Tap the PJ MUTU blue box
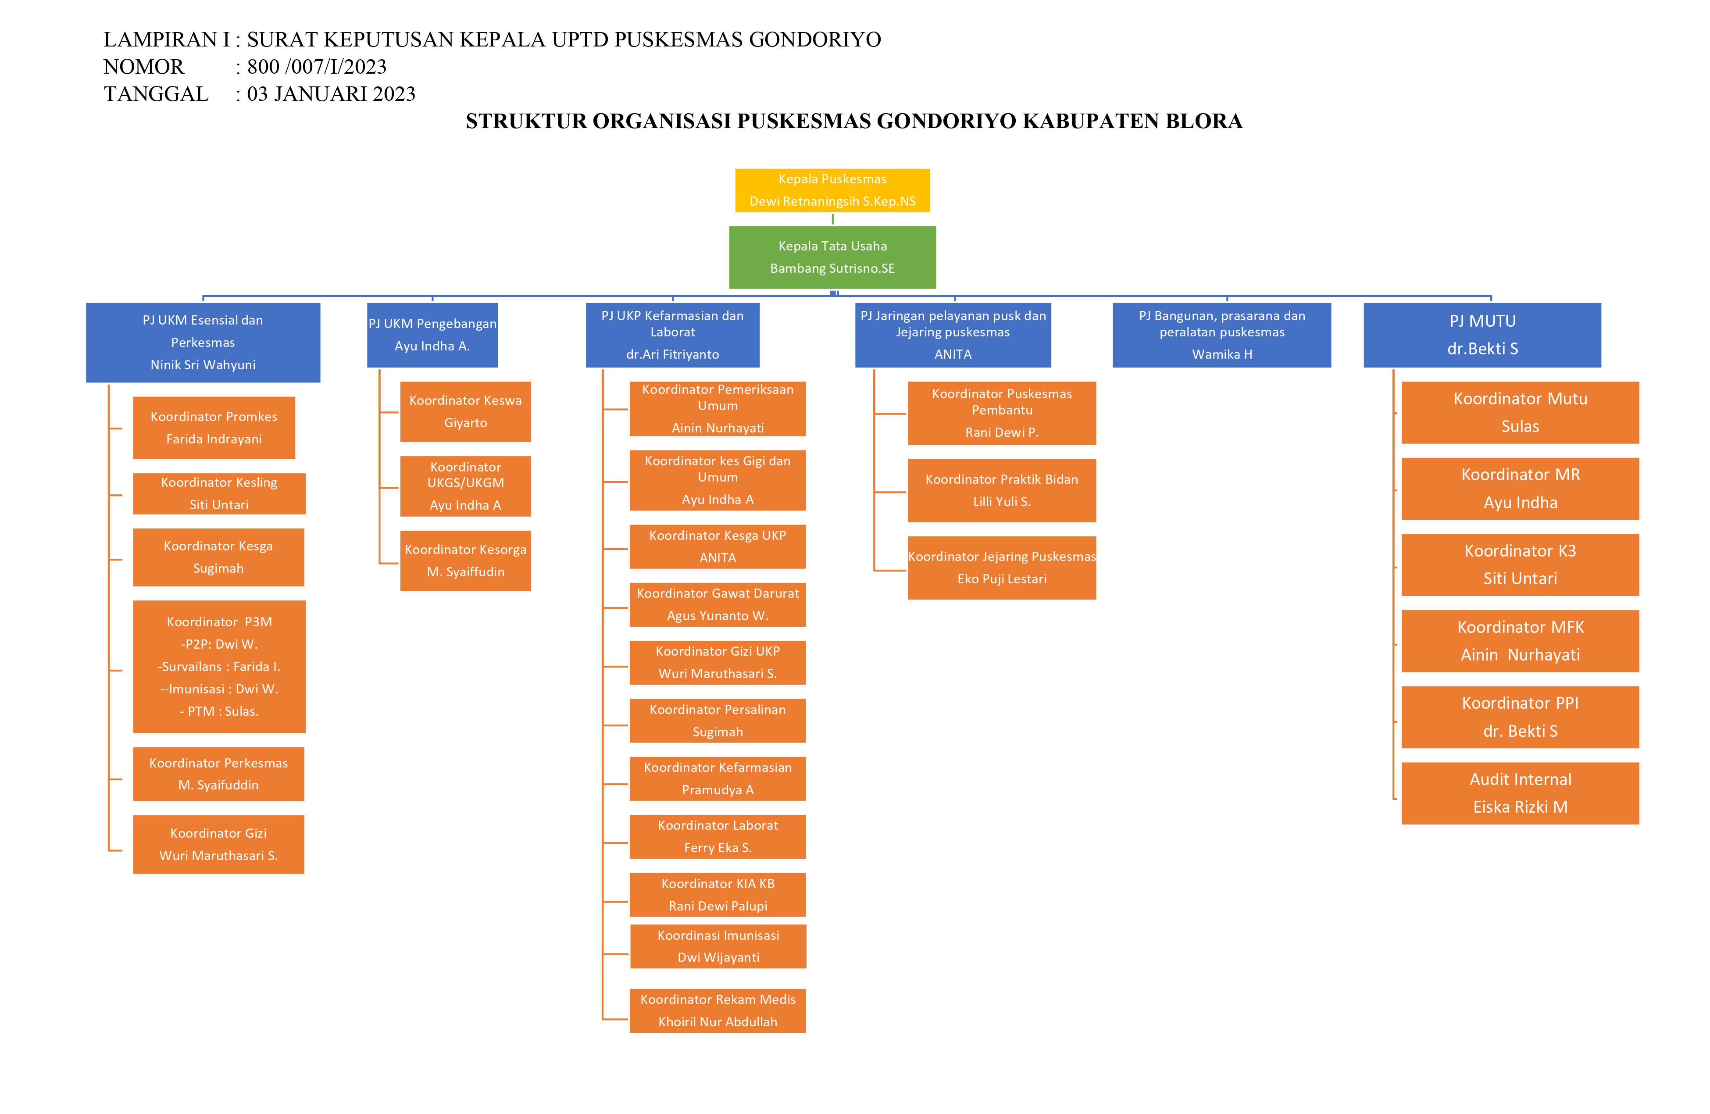pyautogui.click(x=1482, y=335)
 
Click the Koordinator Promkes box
pyautogui.click(x=214, y=428)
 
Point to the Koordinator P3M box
pyautogui.click(x=219, y=666)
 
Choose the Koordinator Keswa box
pyautogui.click(x=466, y=412)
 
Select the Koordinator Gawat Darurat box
pyautogui.click(x=718, y=604)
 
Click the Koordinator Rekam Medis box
pyautogui.click(x=718, y=1010)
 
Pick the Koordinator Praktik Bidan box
pyautogui.click(x=1002, y=490)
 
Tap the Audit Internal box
pyautogui.click(x=1521, y=793)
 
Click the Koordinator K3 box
pyautogui.click(x=1521, y=565)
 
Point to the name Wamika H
pyautogui.click(x=1222, y=354)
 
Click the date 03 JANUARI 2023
pyautogui.click(x=331, y=94)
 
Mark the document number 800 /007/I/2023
pyautogui.click(x=317, y=67)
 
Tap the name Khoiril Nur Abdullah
pyautogui.click(x=718, y=1022)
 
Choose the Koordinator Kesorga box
pyautogui.click(x=466, y=561)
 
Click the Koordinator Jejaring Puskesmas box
pyautogui.click(x=1002, y=568)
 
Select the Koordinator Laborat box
pyautogui.click(x=718, y=836)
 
